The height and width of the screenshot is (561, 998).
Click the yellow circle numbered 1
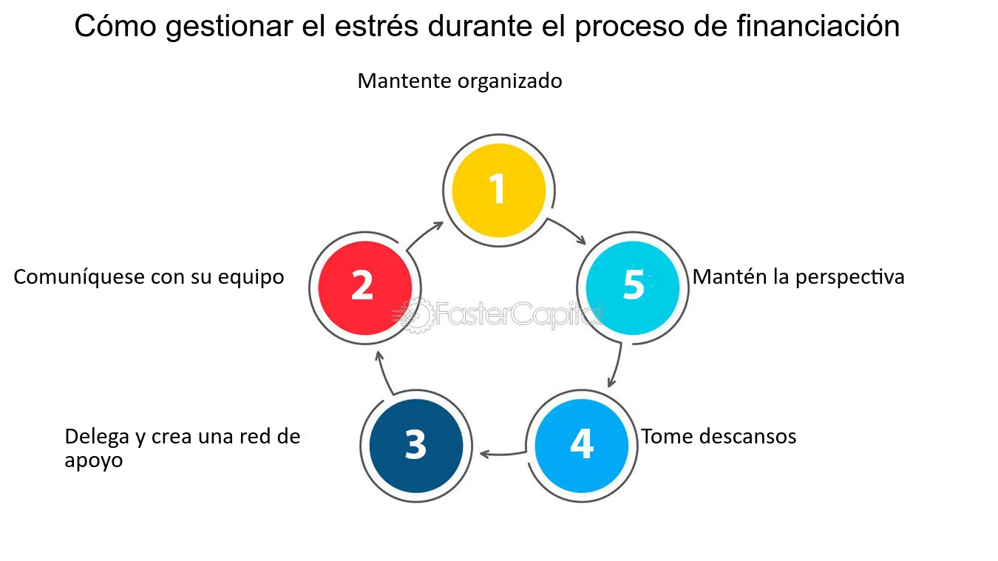click(x=498, y=190)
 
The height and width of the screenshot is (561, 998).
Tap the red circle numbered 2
click(x=365, y=288)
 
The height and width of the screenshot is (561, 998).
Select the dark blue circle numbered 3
click(x=416, y=446)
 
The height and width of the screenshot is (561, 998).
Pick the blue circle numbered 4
click(x=581, y=446)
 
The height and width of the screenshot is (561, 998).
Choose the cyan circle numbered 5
click(x=633, y=288)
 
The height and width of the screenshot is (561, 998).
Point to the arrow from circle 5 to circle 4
click(x=617, y=364)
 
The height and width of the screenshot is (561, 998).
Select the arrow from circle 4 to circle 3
click(x=502, y=454)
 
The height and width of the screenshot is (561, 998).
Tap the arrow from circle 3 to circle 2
click(x=384, y=373)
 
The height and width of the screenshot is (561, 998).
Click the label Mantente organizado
click(x=460, y=81)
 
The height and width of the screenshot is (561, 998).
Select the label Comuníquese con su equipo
click(x=149, y=278)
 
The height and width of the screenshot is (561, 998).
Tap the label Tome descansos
click(x=719, y=436)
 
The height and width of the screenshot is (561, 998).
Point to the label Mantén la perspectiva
click(x=798, y=278)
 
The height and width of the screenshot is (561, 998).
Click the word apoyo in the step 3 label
click(x=94, y=461)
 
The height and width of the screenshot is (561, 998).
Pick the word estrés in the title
click(x=376, y=26)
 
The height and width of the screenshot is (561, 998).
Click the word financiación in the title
click(x=818, y=26)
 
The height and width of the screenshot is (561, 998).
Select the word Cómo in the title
click(x=115, y=26)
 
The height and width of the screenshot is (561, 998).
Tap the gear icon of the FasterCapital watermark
click(x=417, y=316)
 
